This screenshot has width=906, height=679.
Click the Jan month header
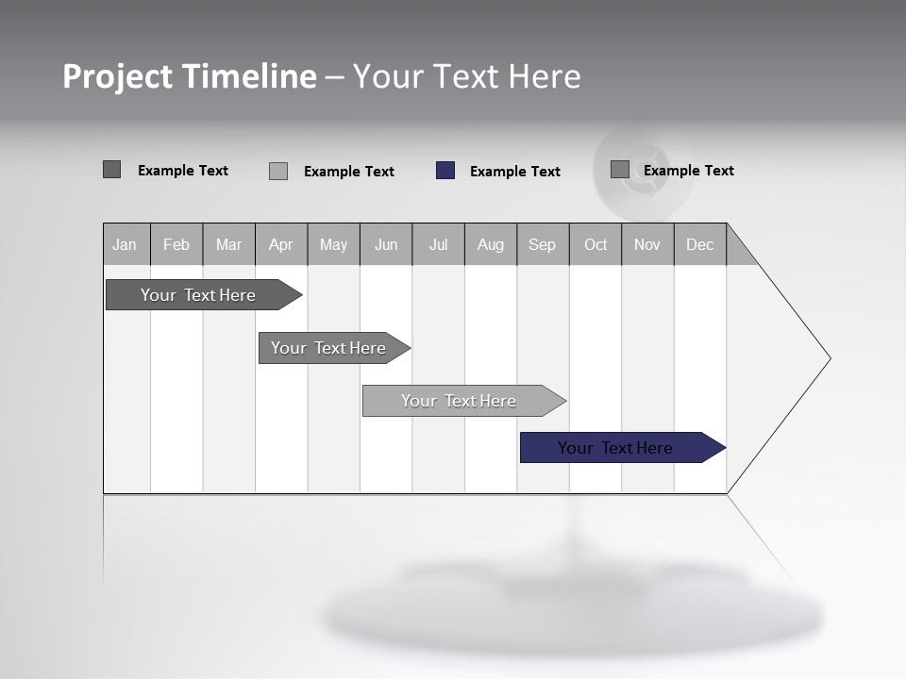[126, 244]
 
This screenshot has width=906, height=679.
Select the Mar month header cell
[228, 244]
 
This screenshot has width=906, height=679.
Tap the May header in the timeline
[333, 244]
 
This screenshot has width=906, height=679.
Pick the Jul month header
[438, 244]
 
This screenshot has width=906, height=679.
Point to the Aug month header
[490, 244]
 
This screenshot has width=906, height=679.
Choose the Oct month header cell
[596, 244]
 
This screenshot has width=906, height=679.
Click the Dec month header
[699, 244]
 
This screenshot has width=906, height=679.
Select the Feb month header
[176, 244]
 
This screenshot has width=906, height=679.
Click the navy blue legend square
[445, 171]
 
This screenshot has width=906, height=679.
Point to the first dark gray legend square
[111, 170]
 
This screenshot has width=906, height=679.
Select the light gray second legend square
[278, 171]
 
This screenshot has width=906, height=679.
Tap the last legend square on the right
[620, 170]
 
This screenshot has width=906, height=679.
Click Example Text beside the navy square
[514, 172]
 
